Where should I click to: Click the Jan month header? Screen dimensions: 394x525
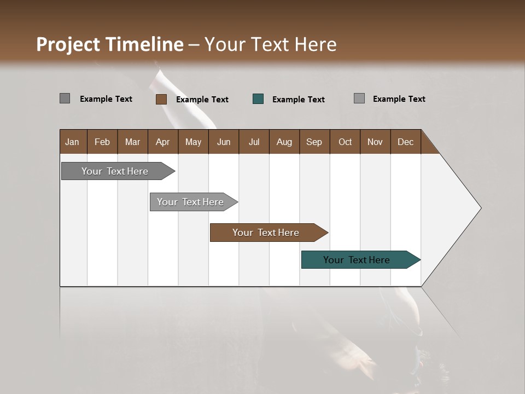(x=72, y=142)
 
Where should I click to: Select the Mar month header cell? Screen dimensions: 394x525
(x=132, y=142)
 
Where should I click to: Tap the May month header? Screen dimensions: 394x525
(x=193, y=142)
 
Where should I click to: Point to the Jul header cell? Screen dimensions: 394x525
(x=254, y=142)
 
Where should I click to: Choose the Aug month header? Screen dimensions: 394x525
(x=284, y=142)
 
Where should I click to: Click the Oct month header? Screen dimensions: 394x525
(x=345, y=142)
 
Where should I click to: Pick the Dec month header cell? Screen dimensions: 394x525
(x=405, y=142)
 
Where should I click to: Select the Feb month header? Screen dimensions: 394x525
(x=102, y=142)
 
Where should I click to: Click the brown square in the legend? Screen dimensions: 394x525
(x=161, y=99)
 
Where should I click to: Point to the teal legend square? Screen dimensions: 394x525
(x=258, y=99)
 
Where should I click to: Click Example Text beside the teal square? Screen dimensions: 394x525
(x=298, y=100)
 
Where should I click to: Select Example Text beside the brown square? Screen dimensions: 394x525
(x=202, y=100)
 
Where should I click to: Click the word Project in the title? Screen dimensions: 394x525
(x=68, y=44)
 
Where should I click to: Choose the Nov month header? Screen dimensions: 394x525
(x=375, y=142)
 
